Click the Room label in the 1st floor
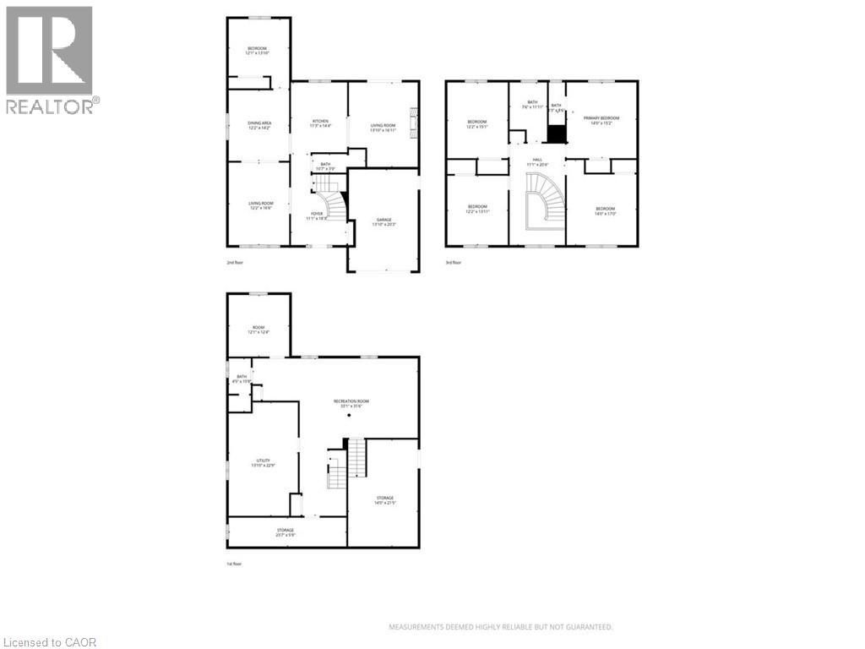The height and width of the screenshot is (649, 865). [x=258, y=330]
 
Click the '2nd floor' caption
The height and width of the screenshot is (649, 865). [x=235, y=263]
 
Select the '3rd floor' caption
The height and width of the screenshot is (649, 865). [x=454, y=263]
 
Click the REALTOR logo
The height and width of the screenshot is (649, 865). [x=50, y=59]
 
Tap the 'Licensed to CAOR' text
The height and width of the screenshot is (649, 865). [x=50, y=642]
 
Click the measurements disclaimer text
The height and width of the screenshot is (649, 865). [x=500, y=627]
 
